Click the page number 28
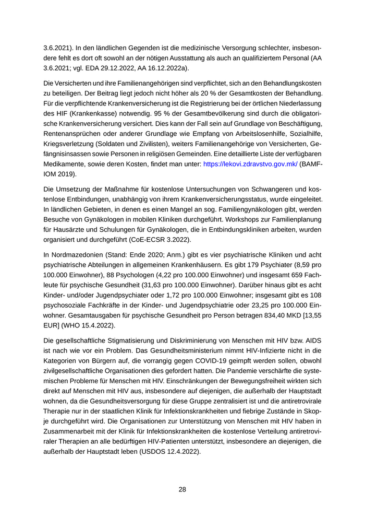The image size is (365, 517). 182,489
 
